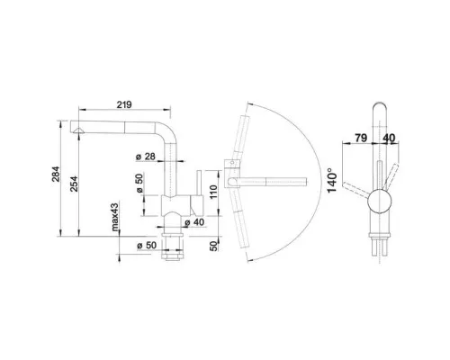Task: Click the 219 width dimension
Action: [x=124, y=104]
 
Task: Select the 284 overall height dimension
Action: [x=56, y=174]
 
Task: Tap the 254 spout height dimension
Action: [x=74, y=184]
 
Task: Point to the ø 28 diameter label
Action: [x=146, y=157]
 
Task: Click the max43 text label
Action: [x=115, y=217]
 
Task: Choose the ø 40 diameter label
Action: [x=194, y=222]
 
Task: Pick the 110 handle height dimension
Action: [x=213, y=192]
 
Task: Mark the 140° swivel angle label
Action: [x=332, y=181]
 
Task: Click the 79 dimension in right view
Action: [x=361, y=138]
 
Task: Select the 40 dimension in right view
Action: [x=389, y=138]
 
